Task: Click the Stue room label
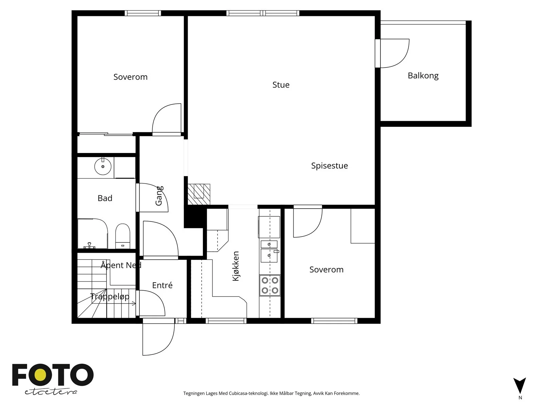pyautogui.click(x=281, y=85)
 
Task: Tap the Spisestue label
pyautogui.click(x=329, y=166)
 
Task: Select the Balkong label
pyautogui.click(x=423, y=76)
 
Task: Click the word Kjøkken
pyautogui.click(x=236, y=266)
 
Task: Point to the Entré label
pyautogui.click(x=162, y=285)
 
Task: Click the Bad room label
pyautogui.click(x=105, y=198)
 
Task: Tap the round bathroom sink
pyautogui.click(x=103, y=166)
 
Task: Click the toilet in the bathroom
pyautogui.click(x=123, y=236)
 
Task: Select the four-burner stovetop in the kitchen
pyautogui.click(x=270, y=285)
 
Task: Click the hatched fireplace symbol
pyautogui.click(x=199, y=194)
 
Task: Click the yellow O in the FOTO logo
pyautogui.click(x=40, y=375)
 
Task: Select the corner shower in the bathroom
pyautogui.click(x=93, y=233)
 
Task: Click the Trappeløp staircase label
pyautogui.click(x=110, y=296)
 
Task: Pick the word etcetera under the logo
pyautogui.click(x=51, y=392)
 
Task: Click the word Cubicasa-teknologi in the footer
pyautogui.click(x=248, y=393)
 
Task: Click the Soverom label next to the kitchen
pyautogui.click(x=326, y=270)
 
